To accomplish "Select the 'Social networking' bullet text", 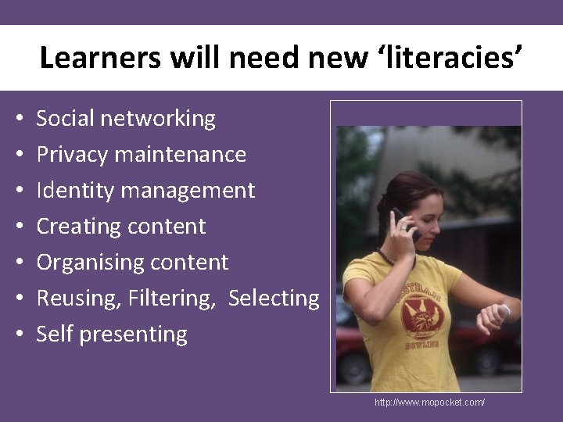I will pos(126,119).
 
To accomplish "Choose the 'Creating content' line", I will pos(121,227).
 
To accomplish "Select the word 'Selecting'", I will pos(274,299).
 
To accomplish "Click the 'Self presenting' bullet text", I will pos(112,334).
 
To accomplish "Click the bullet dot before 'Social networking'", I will pos(17,120).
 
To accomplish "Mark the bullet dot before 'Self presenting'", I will pos(17,335).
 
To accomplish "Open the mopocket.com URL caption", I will pos(429,402).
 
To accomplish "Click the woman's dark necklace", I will pos(391,256).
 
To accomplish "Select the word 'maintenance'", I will pos(180,155).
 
